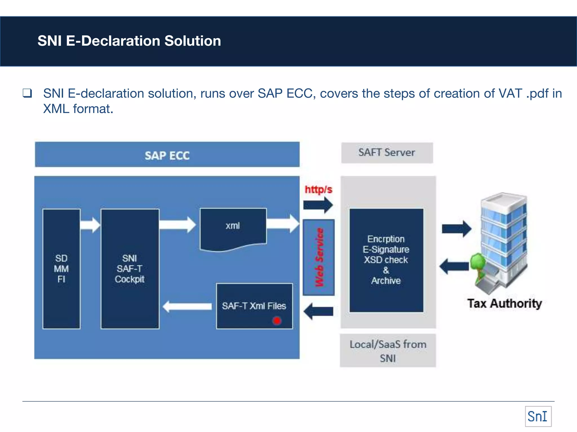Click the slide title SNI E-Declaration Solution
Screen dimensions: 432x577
[129, 41]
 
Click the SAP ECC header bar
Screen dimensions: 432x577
[167, 155]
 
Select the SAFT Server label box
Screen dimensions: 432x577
[387, 153]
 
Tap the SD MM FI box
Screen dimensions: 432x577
[61, 269]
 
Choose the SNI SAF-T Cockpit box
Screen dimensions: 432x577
[130, 269]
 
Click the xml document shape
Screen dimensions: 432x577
[233, 228]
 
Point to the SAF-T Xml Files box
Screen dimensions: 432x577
[254, 306]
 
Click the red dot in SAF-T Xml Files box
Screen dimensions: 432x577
[277, 321]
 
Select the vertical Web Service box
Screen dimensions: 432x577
[319, 257]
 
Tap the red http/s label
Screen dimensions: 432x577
[318, 189]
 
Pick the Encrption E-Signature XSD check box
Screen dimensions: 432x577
[386, 260]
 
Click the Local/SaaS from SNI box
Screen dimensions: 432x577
[388, 350]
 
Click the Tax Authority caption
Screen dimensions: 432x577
[504, 303]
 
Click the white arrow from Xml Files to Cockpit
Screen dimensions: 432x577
[187, 306]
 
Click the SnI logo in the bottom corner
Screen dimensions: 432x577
[538, 416]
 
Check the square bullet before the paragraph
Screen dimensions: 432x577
[27, 93]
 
